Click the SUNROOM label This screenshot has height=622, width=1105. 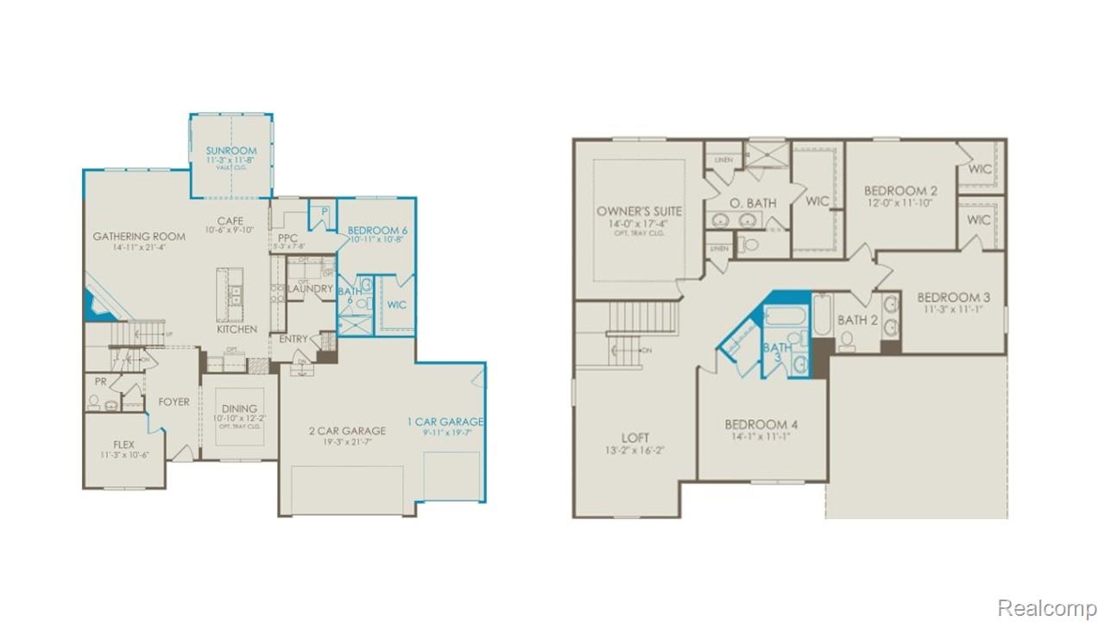click(230, 150)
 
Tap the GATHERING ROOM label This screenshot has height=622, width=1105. click(139, 236)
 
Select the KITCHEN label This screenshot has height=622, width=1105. click(237, 329)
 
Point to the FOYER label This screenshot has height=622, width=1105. click(173, 402)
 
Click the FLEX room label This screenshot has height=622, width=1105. click(123, 444)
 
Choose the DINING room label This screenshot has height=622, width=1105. click(239, 409)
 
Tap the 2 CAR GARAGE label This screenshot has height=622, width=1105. click(347, 430)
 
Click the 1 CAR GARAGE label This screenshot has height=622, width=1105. click(445, 422)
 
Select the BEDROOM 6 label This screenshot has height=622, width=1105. click(376, 230)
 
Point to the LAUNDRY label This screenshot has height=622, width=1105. click(310, 289)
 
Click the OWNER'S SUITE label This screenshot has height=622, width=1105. click(639, 211)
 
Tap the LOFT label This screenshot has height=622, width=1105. click(635, 438)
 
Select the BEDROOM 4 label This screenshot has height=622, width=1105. click(761, 424)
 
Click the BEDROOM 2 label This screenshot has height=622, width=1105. click(900, 190)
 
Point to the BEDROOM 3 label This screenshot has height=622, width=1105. click(953, 297)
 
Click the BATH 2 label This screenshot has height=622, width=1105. click(857, 321)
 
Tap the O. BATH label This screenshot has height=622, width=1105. click(753, 203)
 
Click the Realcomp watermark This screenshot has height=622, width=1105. click(1046, 607)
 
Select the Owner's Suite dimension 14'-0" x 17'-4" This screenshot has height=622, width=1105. click(639, 223)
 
